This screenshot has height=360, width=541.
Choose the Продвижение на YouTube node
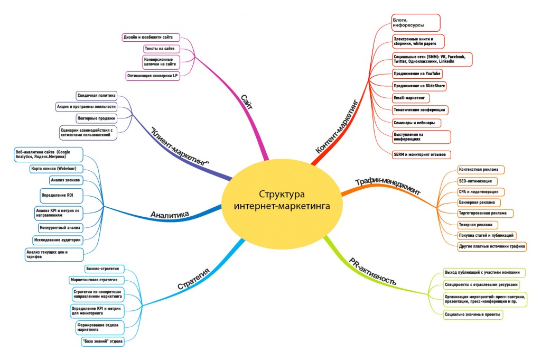click(x=417, y=73)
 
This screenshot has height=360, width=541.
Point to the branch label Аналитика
click(x=170, y=214)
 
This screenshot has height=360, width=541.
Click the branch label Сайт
click(x=247, y=101)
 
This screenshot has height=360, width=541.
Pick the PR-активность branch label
click(x=372, y=271)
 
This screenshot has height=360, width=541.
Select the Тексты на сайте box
click(x=160, y=49)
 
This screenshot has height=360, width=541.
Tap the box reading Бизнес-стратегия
click(x=102, y=269)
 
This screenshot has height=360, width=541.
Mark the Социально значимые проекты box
click(x=472, y=315)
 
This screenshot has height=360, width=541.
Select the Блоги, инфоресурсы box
click(x=415, y=22)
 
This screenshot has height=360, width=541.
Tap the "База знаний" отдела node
click(x=103, y=341)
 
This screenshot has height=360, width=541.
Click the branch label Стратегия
click(x=193, y=279)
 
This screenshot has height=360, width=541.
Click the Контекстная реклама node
click(x=480, y=170)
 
